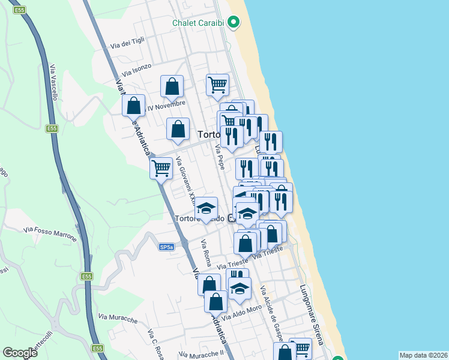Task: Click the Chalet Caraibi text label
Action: (x=197, y=23)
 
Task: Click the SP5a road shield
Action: (x=167, y=247)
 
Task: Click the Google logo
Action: (x=20, y=353)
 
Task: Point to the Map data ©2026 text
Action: (x=423, y=355)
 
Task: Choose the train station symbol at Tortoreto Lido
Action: (x=231, y=218)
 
